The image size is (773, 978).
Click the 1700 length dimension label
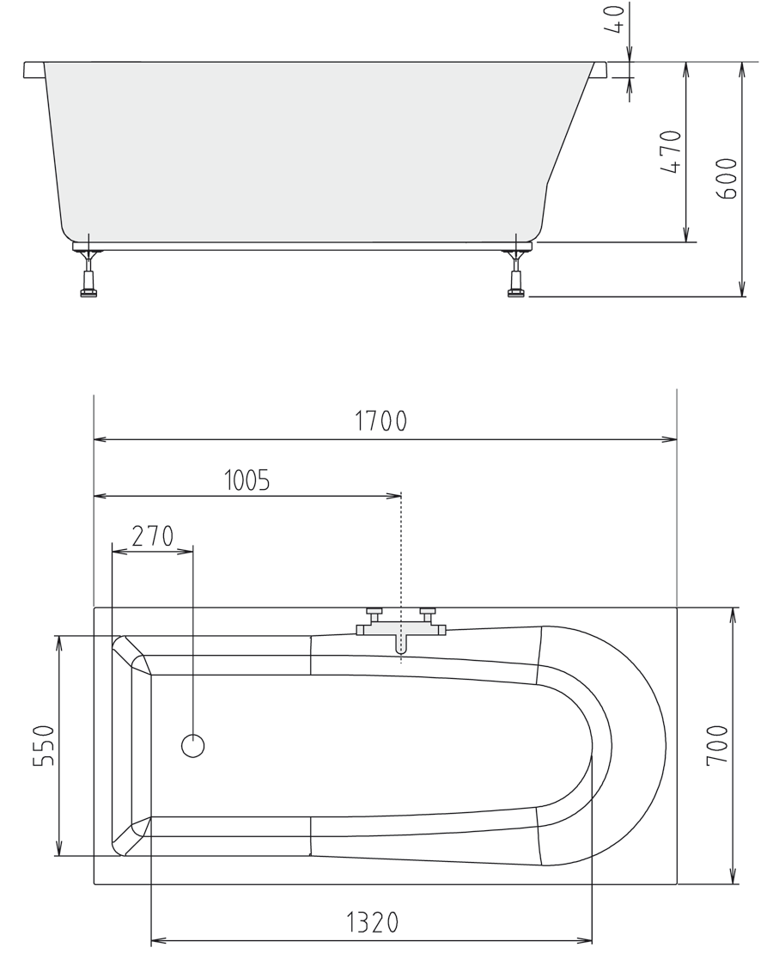pyautogui.click(x=380, y=421)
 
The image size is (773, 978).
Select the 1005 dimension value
pyautogui.click(x=247, y=480)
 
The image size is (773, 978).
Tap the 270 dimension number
pyautogui.click(x=153, y=535)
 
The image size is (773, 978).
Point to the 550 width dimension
pyautogui.click(x=43, y=745)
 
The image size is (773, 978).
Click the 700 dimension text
pyautogui.click(x=717, y=745)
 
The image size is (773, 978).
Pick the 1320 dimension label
pyautogui.click(x=372, y=922)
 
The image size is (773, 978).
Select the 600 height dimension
pyautogui.click(x=726, y=179)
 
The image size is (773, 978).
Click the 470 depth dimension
pyautogui.click(x=670, y=151)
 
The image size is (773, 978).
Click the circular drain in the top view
pyautogui.click(x=192, y=745)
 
